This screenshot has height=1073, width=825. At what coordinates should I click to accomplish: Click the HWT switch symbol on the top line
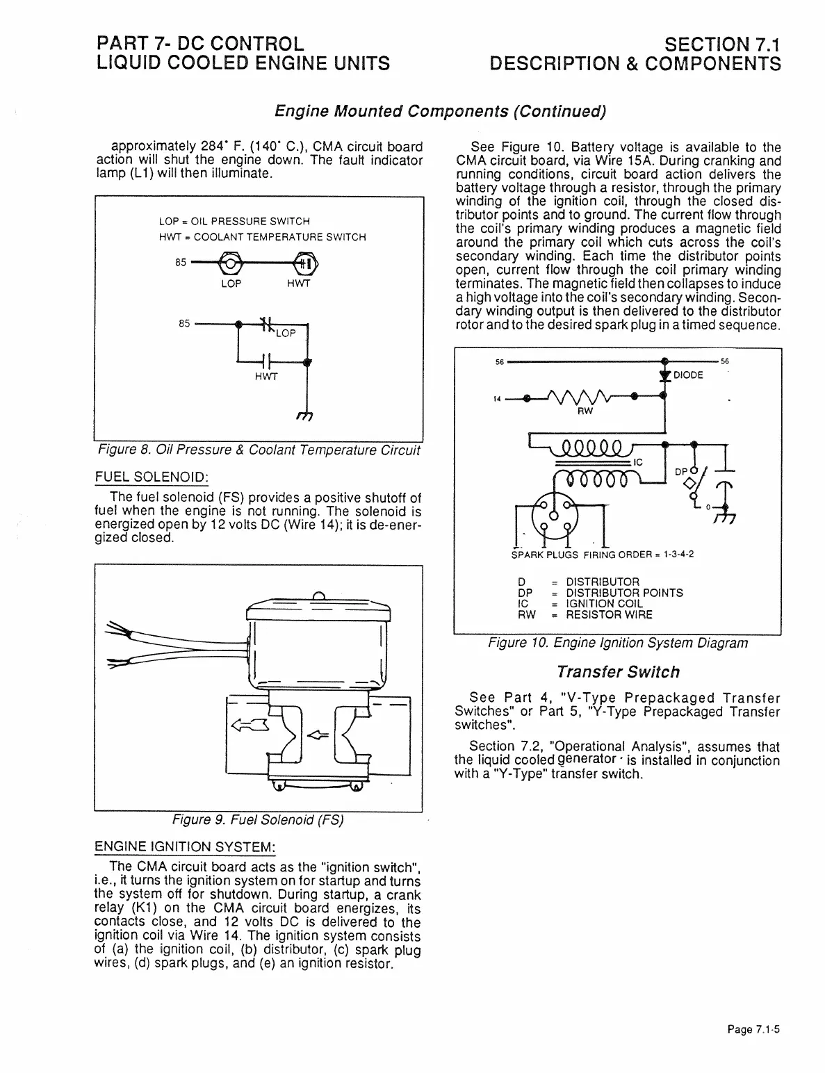pos(304,263)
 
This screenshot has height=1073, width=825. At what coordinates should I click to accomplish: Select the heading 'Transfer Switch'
pos(618,672)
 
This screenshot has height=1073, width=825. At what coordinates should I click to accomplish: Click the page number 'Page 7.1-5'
pos(753,1030)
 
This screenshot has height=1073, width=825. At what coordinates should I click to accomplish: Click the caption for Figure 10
pos(618,644)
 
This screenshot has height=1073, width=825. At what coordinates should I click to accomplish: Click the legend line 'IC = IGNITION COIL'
pos(581,604)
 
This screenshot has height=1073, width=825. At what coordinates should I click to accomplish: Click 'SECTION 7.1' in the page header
pos(723,45)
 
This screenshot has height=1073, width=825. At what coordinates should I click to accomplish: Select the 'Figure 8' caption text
pos(259,450)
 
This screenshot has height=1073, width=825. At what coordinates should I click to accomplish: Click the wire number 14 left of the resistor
pos(497,400)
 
